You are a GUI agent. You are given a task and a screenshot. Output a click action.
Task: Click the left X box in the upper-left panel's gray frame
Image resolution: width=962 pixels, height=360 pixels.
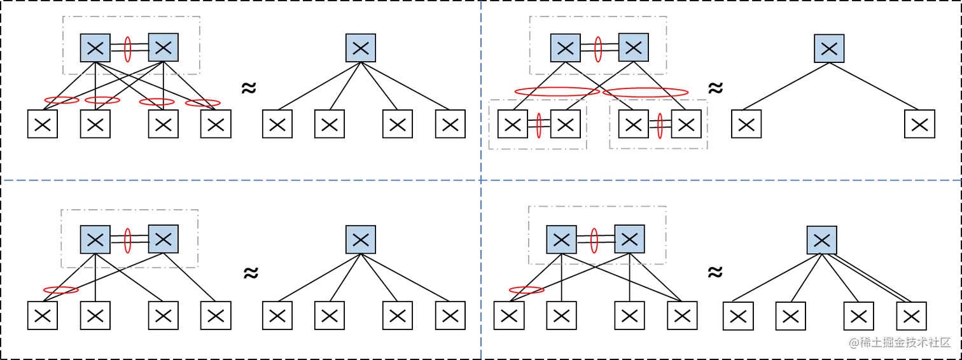click(x=95, y=48)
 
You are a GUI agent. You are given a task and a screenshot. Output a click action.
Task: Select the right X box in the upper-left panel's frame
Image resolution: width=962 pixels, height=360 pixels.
click(x=164, y=47)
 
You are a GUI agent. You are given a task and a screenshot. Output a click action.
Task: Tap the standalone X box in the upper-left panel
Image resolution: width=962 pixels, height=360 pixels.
click(x=361, y=48)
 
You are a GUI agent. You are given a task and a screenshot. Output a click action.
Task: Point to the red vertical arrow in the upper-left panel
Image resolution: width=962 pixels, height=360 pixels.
click(x=127, y=49)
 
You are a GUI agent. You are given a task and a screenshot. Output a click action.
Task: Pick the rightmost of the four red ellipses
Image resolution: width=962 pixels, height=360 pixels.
click(x=203, y=102)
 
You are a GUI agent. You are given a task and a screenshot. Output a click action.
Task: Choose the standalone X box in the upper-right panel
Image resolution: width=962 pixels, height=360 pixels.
click(x=829, y=49)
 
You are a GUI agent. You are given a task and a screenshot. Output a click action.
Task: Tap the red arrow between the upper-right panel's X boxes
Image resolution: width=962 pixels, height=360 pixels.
click(x=598, y=49)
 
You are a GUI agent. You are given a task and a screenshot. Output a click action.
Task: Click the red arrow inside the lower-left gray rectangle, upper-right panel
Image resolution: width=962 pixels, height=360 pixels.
click(x=540, y=125)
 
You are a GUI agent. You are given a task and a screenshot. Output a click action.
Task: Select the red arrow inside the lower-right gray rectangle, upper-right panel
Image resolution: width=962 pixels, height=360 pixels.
click(x=660, y=125)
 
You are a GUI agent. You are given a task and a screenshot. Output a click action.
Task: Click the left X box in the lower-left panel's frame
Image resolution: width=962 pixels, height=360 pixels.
click(x=95, y=239)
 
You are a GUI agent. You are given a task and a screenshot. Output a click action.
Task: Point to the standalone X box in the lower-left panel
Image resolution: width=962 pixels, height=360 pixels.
click(x=361, y=239)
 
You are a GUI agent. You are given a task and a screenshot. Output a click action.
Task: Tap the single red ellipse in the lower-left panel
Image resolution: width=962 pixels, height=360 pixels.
click(x=60, y=290)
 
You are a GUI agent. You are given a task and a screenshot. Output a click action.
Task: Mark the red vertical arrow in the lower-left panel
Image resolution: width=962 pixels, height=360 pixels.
click(x=127, y=239)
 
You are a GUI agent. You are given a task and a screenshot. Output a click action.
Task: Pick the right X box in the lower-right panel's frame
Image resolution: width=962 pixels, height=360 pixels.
click(x=629, y=240)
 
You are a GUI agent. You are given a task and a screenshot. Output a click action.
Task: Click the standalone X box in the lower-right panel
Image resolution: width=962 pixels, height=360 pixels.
click(x=821, y=240)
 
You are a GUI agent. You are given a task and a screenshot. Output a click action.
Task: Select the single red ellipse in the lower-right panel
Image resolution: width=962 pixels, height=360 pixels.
click(x=526, y=290)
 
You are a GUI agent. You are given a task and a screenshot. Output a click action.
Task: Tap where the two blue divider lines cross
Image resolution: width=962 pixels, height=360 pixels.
click(x=481, y=181)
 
